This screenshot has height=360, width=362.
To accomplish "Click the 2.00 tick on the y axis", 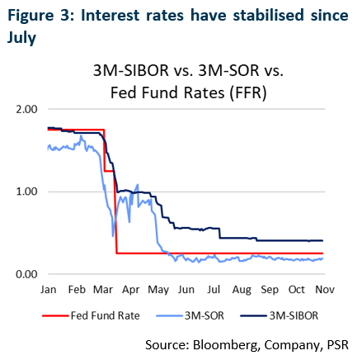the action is click(26, 109).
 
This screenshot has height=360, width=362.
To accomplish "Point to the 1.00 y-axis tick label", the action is click(26, 192).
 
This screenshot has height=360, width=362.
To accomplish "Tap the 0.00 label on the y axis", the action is click(26, 274).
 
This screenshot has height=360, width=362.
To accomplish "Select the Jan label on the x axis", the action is click(49, 290).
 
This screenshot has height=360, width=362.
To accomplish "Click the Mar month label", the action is click(103, 290).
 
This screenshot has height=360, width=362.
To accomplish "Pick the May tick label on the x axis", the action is click(158, 291).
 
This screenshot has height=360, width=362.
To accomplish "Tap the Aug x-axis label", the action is click(242, 291).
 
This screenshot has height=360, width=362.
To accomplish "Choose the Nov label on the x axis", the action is click(325, 290).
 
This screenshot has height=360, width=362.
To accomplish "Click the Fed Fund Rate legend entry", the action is click(91, 315).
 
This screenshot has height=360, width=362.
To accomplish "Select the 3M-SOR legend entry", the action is click(190, 315).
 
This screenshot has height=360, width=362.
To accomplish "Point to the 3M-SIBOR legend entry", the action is click(279, 315).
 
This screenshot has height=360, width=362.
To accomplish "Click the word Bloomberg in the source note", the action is click(226, 345).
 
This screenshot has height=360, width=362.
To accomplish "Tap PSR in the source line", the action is click(338, 344).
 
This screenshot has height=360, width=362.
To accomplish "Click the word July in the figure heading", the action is click(21, 38).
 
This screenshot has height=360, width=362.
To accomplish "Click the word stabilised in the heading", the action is click(268, 15).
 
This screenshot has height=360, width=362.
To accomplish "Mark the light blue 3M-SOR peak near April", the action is click(138, 185).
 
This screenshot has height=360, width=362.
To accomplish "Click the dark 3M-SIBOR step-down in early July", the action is click(220, 233).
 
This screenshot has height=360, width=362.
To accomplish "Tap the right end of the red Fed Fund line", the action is click(322, 253).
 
